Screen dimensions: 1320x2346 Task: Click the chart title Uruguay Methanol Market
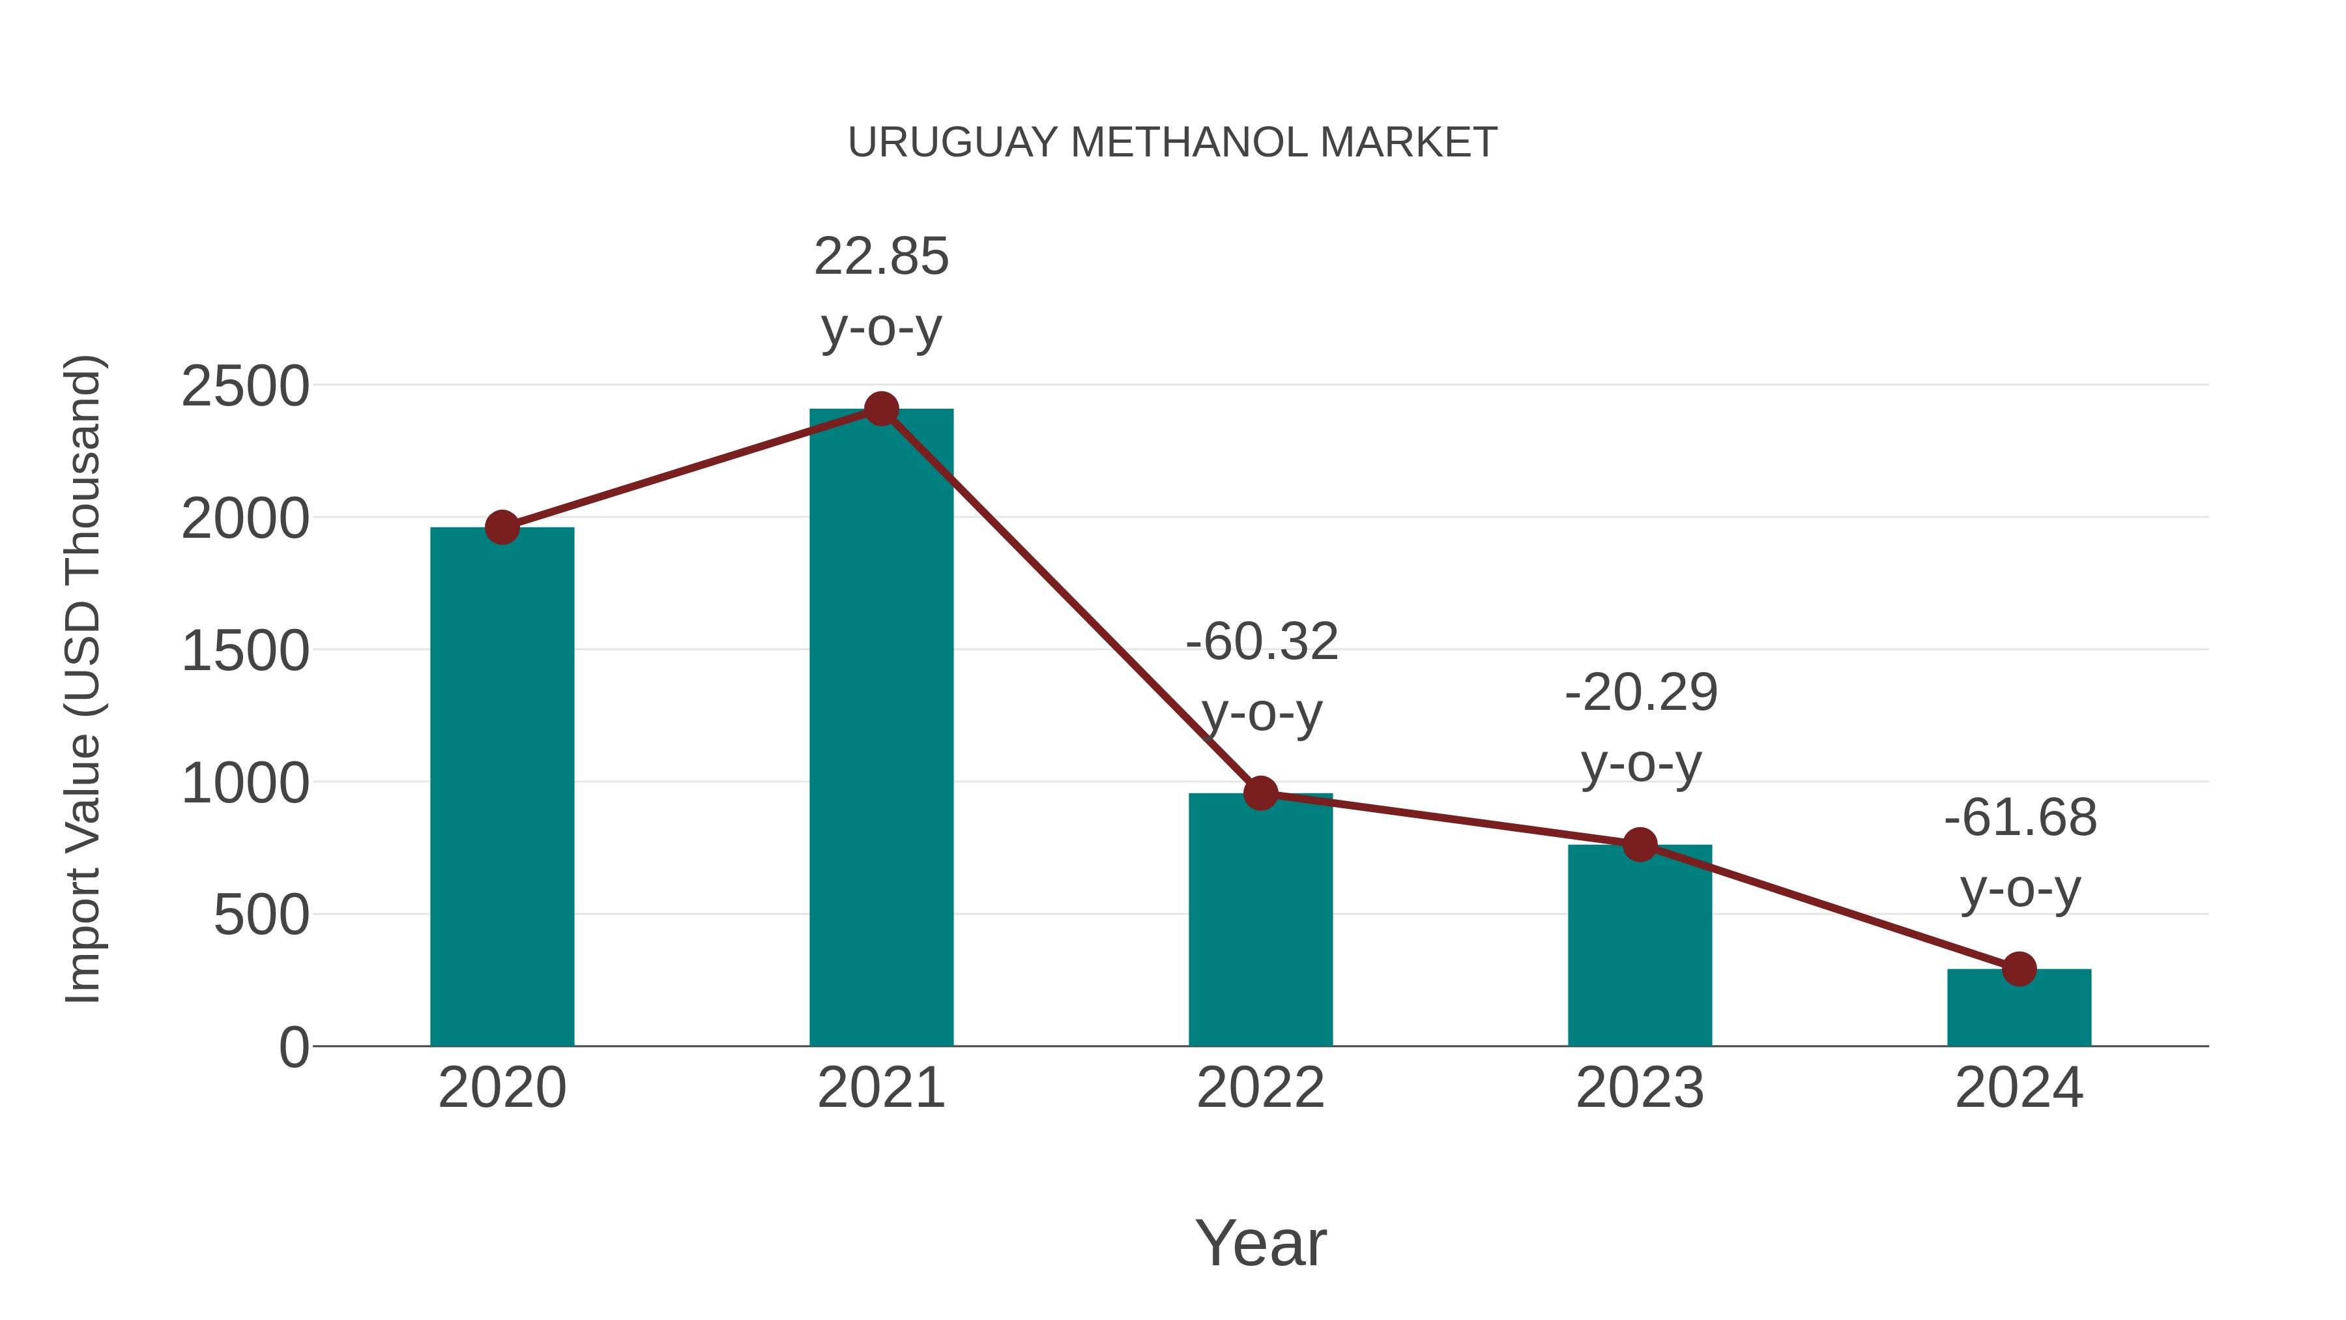coord(1172,143)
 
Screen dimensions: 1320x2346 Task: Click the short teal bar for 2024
coord(2019,1009)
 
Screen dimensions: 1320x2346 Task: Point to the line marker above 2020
coord(502,527)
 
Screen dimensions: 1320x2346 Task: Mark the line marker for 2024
coord(2019,969)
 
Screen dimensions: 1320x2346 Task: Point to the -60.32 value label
coord(1262,642)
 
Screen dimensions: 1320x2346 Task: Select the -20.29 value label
coord(1640,694)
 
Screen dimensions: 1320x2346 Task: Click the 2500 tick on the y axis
coord(245,387)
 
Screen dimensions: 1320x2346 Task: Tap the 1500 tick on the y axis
coord(245,653)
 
